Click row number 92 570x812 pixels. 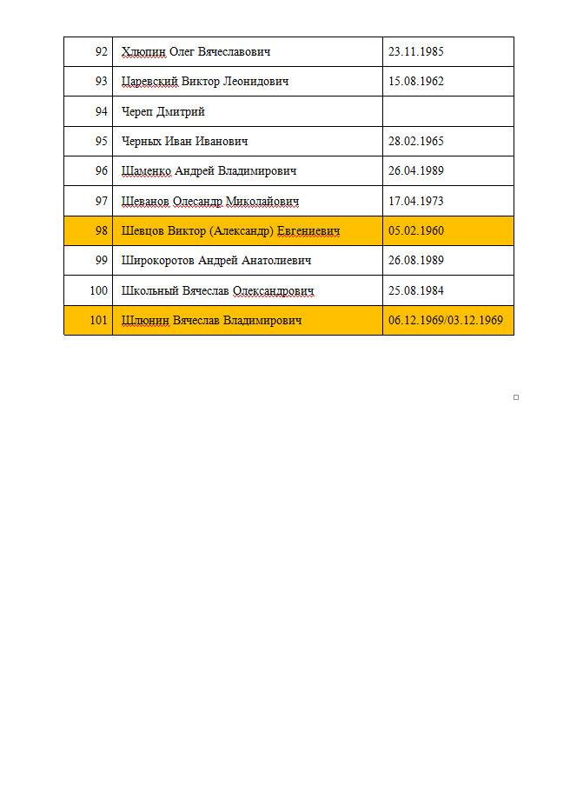point(101,51)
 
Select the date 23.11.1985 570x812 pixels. point(415,51)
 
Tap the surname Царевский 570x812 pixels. point(150,82)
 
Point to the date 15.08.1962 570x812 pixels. point(415,82)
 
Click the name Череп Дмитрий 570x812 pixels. point(163,111)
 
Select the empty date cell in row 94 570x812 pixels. point(447,111)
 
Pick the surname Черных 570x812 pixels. point(142,142)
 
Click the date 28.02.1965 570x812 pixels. point(415,142)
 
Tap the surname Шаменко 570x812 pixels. point(146,171)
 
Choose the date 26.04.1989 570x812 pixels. point(415,171)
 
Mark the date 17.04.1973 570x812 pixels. point(415,202)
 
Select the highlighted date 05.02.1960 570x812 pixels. point(415,231)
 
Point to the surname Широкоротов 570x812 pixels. point(159,261)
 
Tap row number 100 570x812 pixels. point(98,291)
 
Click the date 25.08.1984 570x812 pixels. point(415,291)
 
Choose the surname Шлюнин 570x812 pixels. point(145,321)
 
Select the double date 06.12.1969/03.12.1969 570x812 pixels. point(445,321)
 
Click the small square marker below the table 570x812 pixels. point(516,397)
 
